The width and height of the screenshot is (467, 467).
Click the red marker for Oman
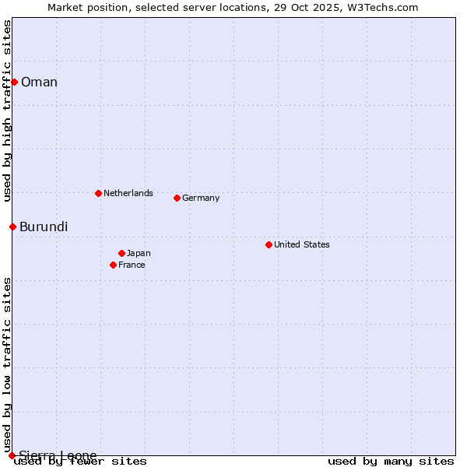14,82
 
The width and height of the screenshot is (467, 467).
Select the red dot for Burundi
12,226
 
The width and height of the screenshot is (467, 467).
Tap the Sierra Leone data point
12,455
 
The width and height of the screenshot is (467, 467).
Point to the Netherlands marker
98,193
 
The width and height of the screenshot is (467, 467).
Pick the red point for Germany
177,198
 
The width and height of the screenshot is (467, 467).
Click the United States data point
269,244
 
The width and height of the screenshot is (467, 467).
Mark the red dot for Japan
121,253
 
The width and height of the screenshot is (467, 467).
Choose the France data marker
113,265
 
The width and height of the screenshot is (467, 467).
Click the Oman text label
39,82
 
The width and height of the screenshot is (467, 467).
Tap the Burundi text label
44,226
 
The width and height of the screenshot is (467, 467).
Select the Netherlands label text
128,193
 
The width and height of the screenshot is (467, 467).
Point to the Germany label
201,198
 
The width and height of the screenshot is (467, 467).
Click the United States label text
302,244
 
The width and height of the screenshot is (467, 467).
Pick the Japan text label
139,253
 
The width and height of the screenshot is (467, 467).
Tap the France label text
132,265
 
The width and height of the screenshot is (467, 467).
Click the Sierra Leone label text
58,455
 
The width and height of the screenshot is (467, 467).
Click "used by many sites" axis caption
391,461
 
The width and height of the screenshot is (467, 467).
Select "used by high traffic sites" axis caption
7,111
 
